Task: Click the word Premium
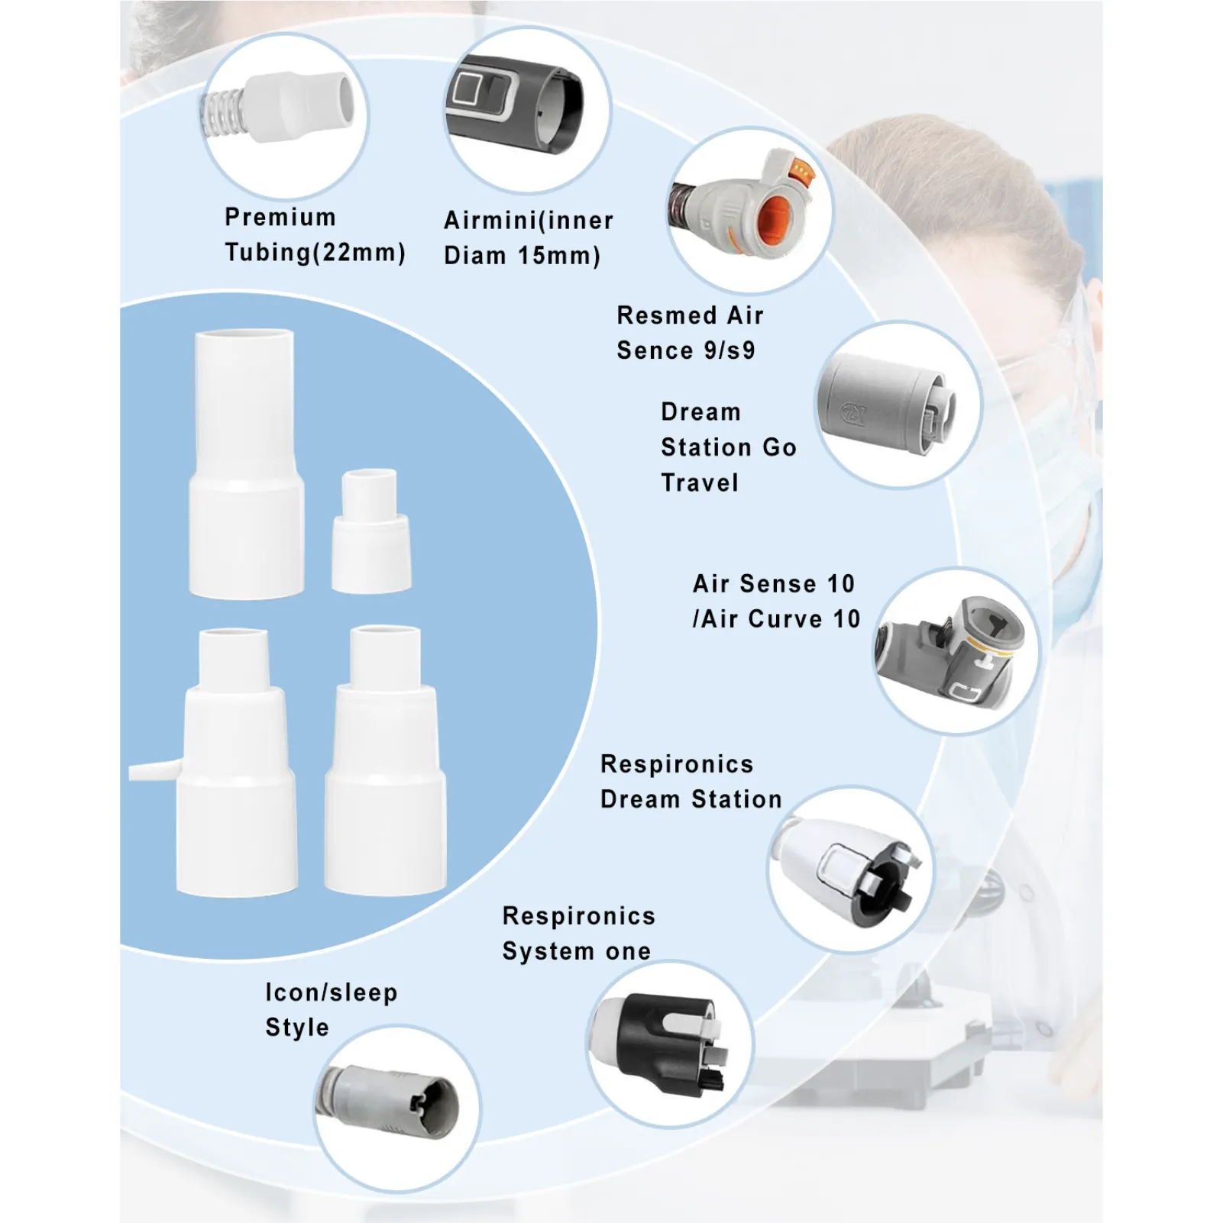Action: coord(280,218)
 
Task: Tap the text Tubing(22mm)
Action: coord(315,253)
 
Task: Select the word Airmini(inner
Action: coord(529,221)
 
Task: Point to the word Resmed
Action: coord(666,315)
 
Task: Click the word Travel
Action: coord(700,482)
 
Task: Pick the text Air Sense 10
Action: coord(773,584)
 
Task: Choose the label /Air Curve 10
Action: coord(776,619)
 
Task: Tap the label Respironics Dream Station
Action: coord(691,782)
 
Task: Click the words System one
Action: coord(577,951)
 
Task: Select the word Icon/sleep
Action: coord(332,992)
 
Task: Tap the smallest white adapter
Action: coord(370,530)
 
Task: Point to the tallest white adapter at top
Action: coord(246,463)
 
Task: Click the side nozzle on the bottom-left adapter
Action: coord(155,771)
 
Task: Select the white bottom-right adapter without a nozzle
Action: coord(385,760)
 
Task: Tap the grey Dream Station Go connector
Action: coord(886,403)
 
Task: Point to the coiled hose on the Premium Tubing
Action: coord(220,114)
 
